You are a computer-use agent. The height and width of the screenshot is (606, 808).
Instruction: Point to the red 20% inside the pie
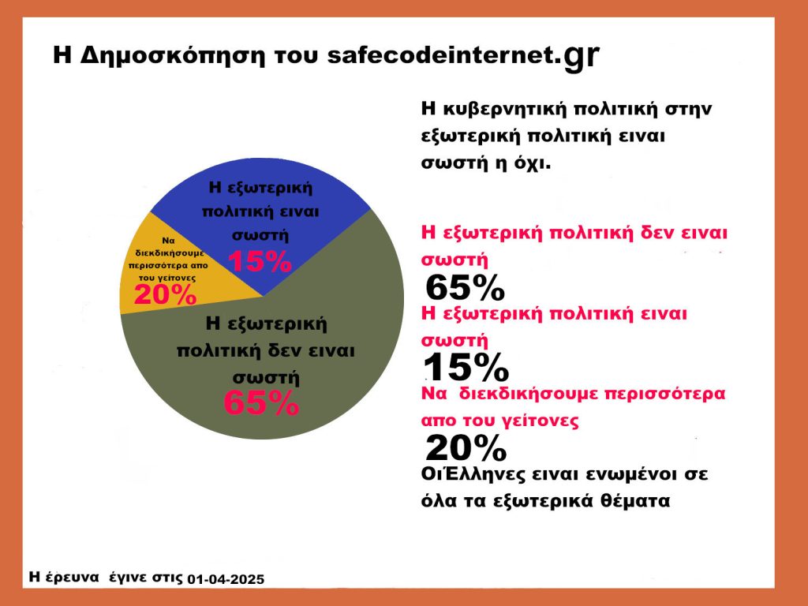[166, 295]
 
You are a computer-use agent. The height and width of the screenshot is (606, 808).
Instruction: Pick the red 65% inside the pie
[261, 402]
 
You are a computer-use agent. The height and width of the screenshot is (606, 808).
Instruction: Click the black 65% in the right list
[465, 287]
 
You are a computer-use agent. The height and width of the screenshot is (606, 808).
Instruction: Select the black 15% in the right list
[466, 368]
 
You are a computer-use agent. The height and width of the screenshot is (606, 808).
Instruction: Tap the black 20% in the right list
[466, 448]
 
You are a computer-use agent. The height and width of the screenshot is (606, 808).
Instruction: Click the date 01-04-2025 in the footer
[225, 579]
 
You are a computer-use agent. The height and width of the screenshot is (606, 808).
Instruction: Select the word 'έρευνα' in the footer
[72, 577]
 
